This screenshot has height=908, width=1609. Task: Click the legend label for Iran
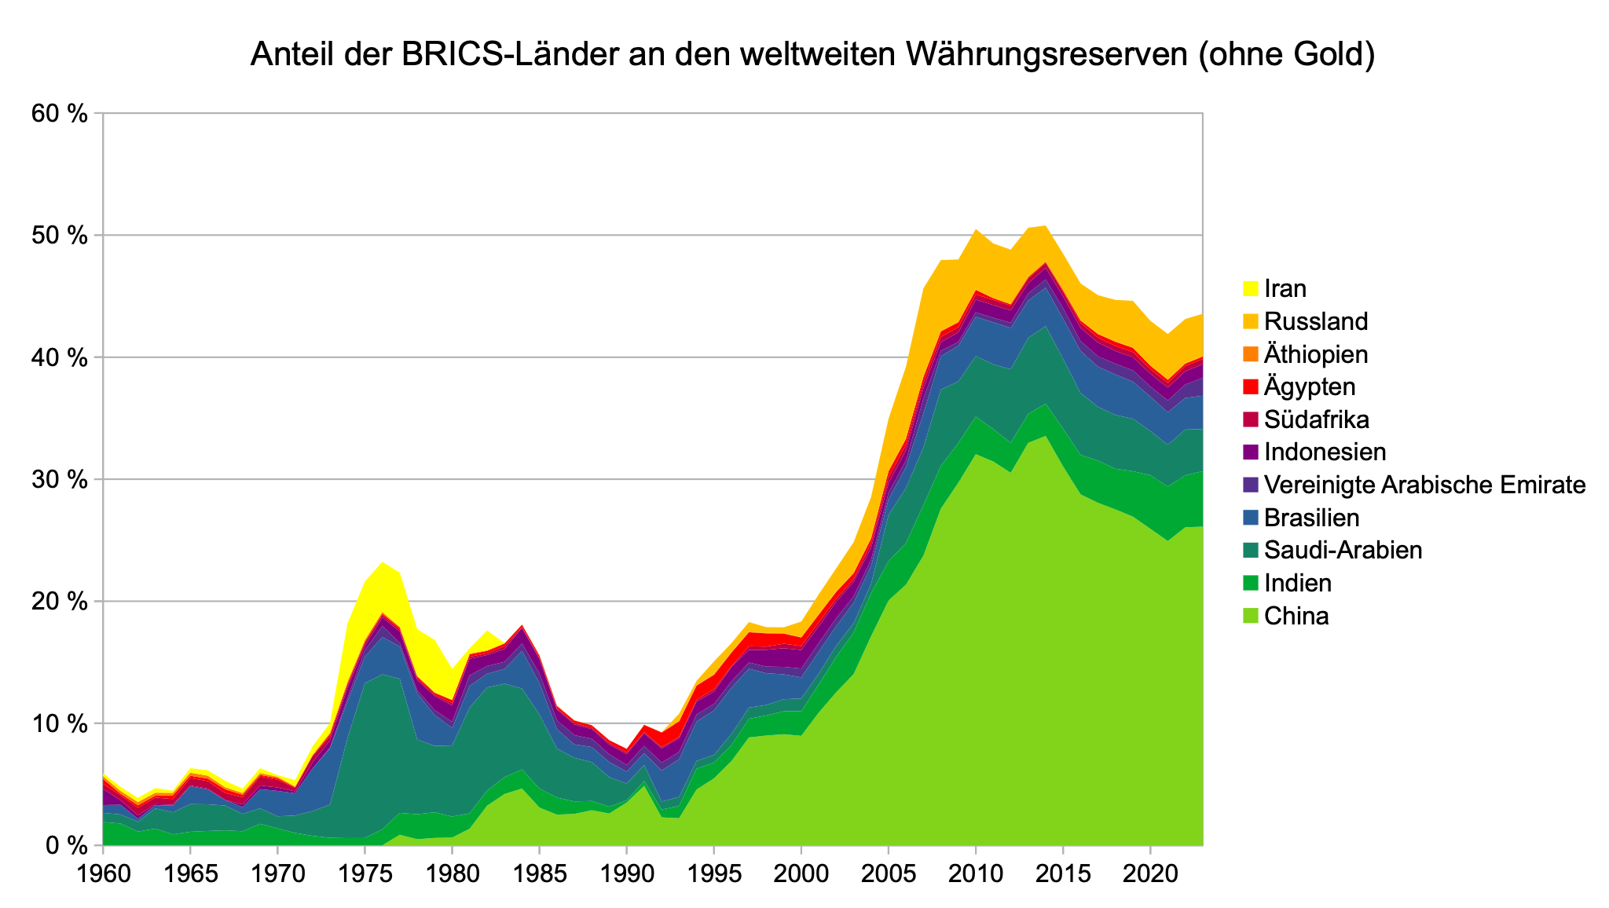click(1285, 289)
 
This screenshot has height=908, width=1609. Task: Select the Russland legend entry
click(1316, 321)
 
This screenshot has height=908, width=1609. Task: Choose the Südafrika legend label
click(1317, 419)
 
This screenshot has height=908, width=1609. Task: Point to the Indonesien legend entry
click(1325, 452)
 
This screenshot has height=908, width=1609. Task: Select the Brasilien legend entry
click(1312, 518)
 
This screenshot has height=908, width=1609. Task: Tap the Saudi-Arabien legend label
click(1343, 551)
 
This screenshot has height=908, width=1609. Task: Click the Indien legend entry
click(1298, 583)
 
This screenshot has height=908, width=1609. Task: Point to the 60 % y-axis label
click(58, 113)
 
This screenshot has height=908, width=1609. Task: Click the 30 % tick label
click(58, 479)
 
